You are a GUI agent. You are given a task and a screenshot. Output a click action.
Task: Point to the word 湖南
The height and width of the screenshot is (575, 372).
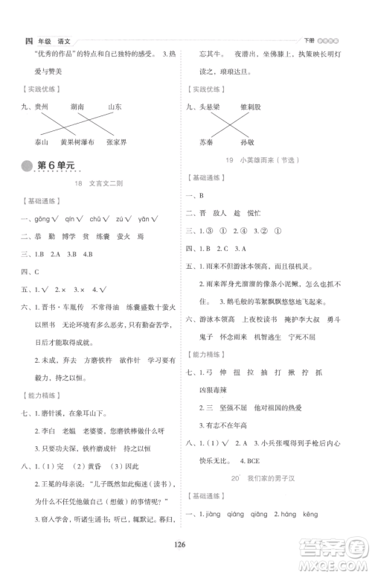pyautogui.click(x=80, y=107)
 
